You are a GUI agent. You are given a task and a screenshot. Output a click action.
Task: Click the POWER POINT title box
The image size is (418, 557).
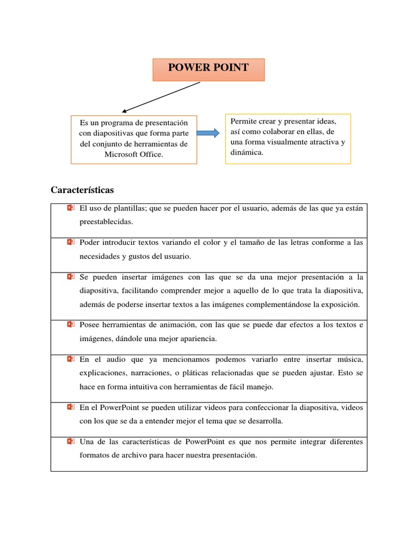coord(208,70)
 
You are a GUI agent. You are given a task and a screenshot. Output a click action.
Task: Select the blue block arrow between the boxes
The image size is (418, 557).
coord(208,133)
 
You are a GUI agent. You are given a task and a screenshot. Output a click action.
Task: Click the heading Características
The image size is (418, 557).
coord(82,190)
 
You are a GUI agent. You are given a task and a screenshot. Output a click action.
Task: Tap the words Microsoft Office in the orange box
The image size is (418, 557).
coord(134,154)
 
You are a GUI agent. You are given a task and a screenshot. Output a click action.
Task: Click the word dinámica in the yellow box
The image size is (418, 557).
coord(247,152)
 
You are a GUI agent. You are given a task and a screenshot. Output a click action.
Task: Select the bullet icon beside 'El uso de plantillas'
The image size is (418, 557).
coord(70,208)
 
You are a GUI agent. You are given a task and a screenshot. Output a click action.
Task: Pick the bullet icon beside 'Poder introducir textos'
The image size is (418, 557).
coord(70,242)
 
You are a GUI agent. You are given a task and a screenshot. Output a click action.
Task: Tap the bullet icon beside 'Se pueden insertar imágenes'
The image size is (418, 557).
coord(70,277)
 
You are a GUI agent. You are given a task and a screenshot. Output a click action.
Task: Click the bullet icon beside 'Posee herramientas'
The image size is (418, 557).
coord(70,324)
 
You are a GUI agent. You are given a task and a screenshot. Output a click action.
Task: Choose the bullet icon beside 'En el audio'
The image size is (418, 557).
coord(70,359)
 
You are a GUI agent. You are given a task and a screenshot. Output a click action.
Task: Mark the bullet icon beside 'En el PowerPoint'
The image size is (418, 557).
coord(70,406)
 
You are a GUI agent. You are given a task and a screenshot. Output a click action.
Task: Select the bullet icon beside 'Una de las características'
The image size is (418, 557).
coord(70,441)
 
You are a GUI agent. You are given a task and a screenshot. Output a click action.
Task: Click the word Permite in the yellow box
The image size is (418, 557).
coord(243,121)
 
